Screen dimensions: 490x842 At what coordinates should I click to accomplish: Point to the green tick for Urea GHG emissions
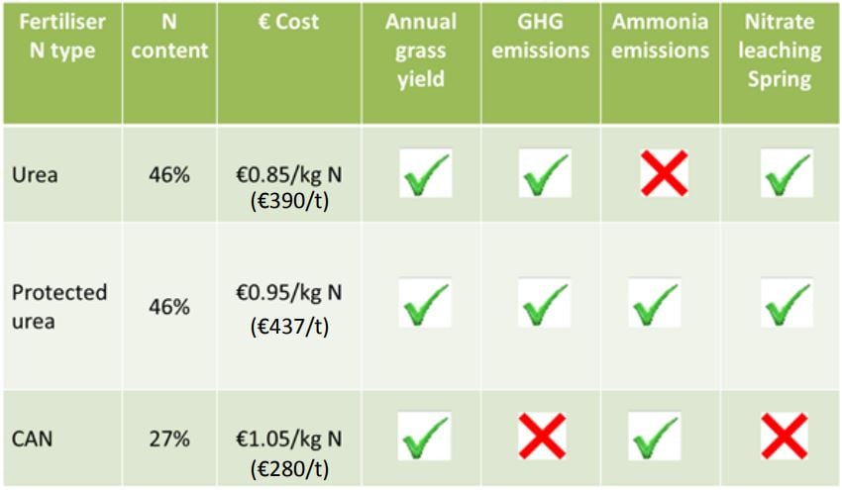click(x=544, y=173)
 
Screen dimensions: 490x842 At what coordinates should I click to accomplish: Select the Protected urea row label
click(x=59, y=306)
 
